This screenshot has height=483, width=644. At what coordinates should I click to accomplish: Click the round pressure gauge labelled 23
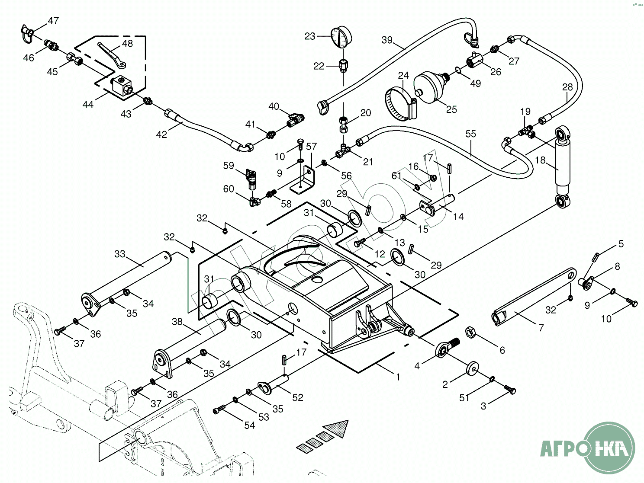[340, 38]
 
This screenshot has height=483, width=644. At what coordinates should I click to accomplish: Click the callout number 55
[470, 134]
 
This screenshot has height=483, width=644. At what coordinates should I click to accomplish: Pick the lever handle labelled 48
[111, 54]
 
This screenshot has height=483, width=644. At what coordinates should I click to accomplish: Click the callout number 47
[53, 20]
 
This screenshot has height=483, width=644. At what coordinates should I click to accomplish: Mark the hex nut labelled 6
[471, 333]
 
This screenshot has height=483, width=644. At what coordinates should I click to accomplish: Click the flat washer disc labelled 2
[473, 368]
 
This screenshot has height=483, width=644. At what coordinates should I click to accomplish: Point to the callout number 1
[398, 377]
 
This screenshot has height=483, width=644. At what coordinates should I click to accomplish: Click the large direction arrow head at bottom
[338, 428]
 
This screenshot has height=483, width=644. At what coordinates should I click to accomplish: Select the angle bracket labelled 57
[306, 179]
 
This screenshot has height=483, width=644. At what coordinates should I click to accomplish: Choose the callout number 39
[386, 40]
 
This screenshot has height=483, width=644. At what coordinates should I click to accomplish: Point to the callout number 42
[161, 134]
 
